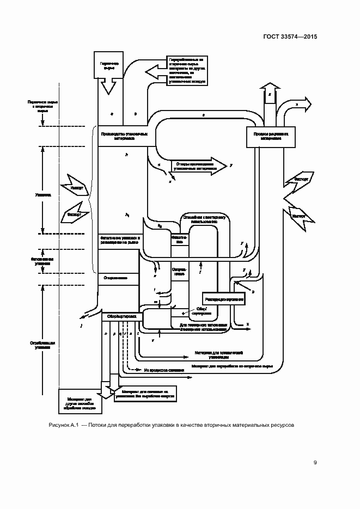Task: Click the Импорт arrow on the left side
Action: (76, 187)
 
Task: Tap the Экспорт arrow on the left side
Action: (75, 214)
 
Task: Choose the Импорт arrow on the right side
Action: (298, 216)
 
